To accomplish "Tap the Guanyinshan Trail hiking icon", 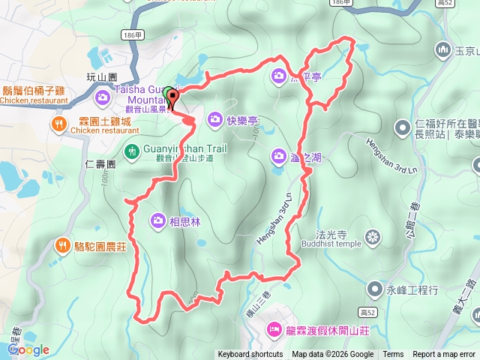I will point(132,151).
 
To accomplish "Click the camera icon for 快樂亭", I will point(215,118).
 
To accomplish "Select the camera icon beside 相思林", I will point(158,220).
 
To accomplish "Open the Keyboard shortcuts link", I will point(250,355).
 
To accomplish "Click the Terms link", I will point(393,355).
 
